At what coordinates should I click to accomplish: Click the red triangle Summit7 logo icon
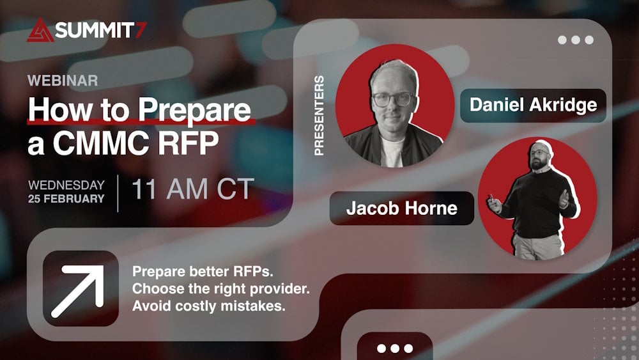(40, 30)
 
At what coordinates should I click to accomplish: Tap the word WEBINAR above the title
(63, 81)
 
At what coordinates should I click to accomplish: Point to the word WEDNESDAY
(66, 185)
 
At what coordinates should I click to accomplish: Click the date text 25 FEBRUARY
(66, 199)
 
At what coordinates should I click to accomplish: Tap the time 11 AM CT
(192, 190)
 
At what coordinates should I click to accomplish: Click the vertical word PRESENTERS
(319, 115)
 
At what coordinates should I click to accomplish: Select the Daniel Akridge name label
(533, 105)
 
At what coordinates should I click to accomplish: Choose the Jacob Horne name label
(401, 208)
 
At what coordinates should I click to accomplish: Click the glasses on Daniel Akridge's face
(392, 99)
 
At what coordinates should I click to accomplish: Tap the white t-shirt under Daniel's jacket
(392, 152)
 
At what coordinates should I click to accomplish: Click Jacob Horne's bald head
(543, 147)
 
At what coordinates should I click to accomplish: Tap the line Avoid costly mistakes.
(208, 306)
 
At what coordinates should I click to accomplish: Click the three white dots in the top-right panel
(575, 40)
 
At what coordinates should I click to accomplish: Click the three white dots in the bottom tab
(394, 348)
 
